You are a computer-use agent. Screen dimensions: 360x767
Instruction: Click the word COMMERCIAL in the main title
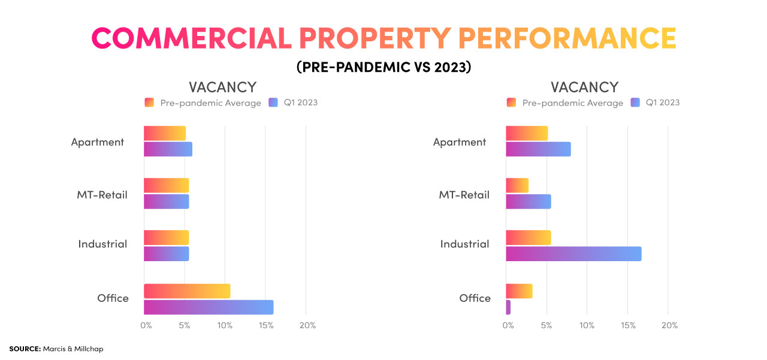[x=191, y=39]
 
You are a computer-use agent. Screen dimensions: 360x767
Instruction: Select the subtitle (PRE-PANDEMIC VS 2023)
[x=383, y=67]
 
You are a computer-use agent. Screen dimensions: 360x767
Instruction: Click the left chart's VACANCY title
[x=222, y=87]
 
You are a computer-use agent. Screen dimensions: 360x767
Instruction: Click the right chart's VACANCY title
[x=584, y=87]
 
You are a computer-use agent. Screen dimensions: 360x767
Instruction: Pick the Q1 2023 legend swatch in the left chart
[x=274, y=102]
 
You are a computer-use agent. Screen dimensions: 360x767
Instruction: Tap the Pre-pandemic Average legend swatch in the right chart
[x=511, y=102]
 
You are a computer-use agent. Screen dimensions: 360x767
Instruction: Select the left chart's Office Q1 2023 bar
[x=209, y=307]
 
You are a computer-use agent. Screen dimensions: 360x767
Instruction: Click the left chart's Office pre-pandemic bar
[x=187, y=291]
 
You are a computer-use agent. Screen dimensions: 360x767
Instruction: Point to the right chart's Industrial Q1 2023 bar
[x=573, y=254]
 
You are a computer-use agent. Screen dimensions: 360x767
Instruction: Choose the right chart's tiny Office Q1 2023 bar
[x=508, y=307]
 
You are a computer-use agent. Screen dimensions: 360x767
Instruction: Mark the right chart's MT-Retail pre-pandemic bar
[x=517, y=186]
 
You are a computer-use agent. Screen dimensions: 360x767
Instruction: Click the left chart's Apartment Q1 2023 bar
[x=168, y=149]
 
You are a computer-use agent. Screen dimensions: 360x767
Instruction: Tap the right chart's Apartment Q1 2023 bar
[x=538, y=149]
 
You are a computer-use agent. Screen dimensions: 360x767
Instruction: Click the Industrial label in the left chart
[x=102, y=244]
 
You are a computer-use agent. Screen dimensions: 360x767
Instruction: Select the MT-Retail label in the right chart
[x=464, y=195]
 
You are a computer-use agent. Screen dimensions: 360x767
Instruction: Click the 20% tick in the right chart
[x=669, y=325]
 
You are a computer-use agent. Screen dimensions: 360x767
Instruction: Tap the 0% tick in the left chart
[x=146, y=325]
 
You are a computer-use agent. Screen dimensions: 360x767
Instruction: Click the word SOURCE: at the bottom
[x=25, y=348]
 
